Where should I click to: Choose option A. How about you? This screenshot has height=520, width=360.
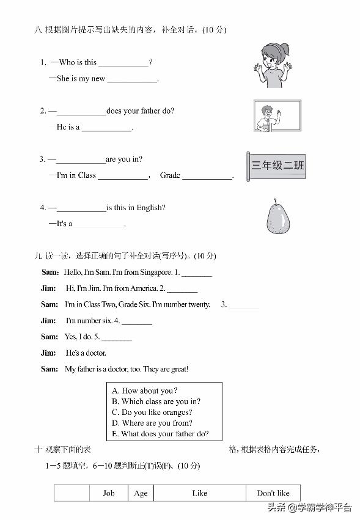coord(145,390)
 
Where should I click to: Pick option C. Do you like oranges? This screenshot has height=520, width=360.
coord(152,412)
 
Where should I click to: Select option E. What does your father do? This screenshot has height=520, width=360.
coord(160,434)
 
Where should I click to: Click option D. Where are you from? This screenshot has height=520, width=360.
coord(152,423)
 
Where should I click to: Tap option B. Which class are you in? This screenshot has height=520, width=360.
coord(156,401)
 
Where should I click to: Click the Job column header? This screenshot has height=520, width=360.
coord(109,493)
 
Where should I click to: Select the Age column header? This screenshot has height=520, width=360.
coord(141,493)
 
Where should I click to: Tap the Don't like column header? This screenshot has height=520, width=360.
coord(273,493)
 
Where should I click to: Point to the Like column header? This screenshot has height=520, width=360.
coord(199,493)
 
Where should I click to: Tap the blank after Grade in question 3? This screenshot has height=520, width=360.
coord(207,177)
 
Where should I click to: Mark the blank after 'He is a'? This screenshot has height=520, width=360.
coord(107,128)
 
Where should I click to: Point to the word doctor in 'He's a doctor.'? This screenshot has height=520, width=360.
coord(95,353)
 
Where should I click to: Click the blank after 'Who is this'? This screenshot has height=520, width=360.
coord(123,63)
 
